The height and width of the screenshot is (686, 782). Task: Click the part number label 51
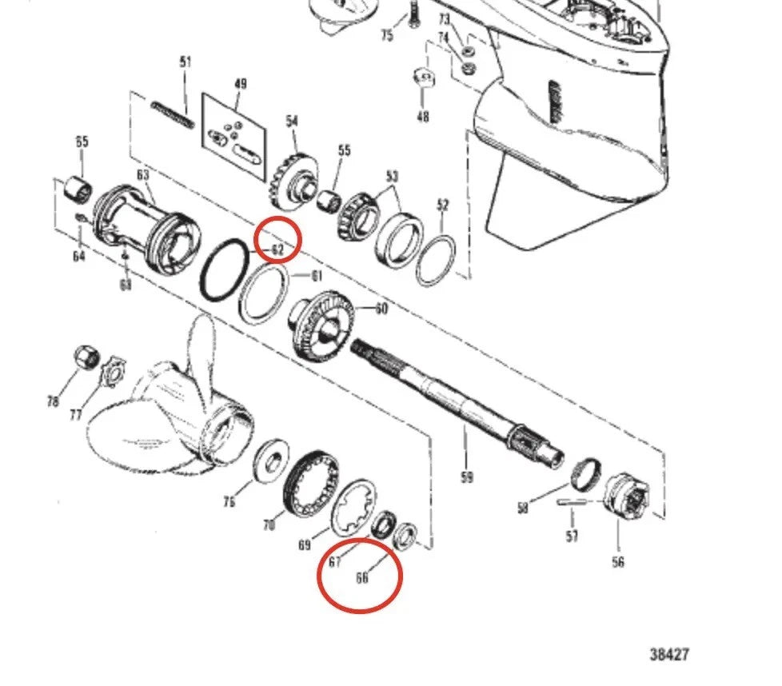[x=186, y=62]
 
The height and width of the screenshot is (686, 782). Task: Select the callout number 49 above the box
[x=239, y=82]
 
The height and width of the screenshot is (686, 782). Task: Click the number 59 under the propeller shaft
[x=466, y=477]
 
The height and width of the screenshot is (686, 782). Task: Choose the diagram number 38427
[x=668, y=655]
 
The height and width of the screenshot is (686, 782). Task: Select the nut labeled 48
[x=423, y=81]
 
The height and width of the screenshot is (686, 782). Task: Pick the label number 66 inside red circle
[x=361, y=577]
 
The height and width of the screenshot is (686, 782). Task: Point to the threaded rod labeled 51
[x=174, y=112]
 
